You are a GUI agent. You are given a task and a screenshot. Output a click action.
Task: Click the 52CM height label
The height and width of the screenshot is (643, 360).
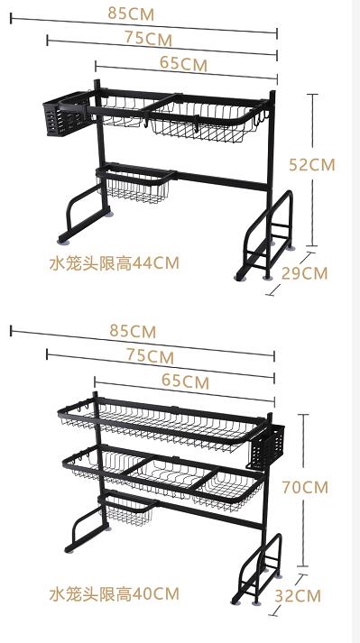[311, 164]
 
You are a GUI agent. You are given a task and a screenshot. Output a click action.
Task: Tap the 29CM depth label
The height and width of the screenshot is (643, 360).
[303, 272]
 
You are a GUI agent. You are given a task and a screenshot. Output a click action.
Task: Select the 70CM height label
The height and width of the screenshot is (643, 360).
[304, 487]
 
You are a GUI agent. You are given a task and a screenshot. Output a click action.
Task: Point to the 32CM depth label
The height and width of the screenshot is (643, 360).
[297, 595]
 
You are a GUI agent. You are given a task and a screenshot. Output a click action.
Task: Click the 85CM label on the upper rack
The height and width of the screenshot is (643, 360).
[131, 13]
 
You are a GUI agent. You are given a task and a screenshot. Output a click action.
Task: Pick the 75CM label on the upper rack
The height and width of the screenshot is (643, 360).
[148, 39]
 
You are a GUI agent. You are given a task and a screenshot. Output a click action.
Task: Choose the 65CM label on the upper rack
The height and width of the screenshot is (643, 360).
[183, 64]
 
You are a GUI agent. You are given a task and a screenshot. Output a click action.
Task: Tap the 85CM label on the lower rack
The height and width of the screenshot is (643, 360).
[133, 331]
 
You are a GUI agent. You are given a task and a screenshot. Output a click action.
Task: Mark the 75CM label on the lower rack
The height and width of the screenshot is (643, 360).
[150, 356]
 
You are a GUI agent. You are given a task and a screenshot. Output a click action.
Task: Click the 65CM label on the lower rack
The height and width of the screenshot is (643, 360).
[185, 381]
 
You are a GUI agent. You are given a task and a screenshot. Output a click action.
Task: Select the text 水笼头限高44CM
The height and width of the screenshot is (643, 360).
[114, 263]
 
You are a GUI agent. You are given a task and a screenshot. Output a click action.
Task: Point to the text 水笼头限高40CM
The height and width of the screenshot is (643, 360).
[114, 593]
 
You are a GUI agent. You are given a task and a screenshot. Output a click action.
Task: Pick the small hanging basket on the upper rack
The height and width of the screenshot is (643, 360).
[137, 187]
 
